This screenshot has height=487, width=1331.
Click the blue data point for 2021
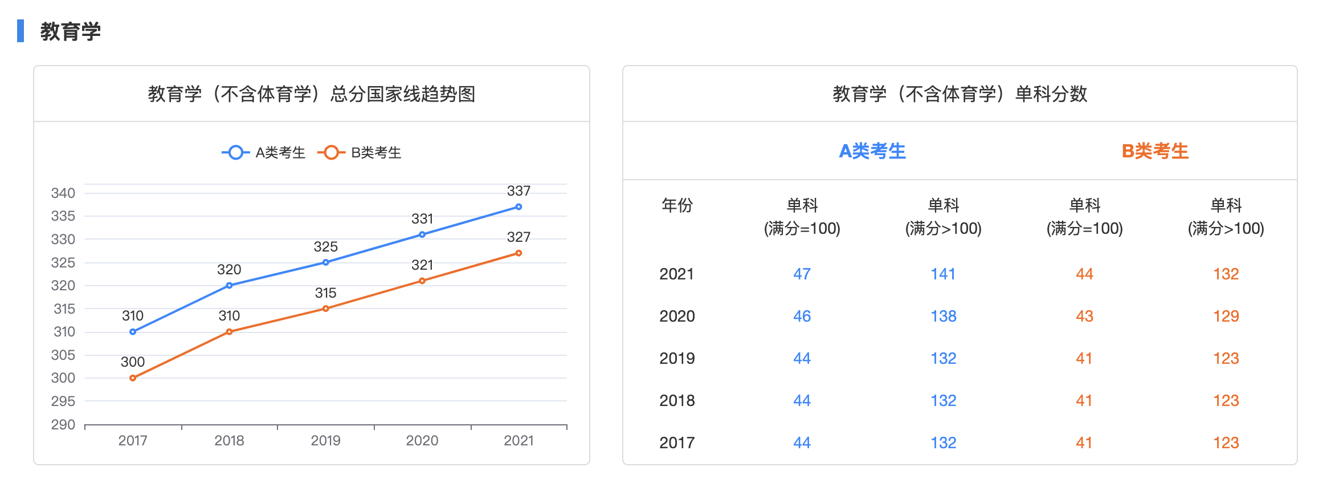(x=518, y=207)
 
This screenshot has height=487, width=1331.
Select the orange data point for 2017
(x=133, y=378)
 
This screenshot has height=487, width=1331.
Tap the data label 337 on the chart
(x=518, y=191)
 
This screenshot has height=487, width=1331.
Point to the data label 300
(x=133, y=362)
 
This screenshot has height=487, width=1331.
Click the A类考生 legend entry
(x=264, y=153)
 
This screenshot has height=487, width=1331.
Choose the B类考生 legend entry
(x=360, y=153)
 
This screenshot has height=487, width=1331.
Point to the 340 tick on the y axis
(x=63, y=193)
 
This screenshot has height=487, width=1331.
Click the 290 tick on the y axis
(x=63, y=425)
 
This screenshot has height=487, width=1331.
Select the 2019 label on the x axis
(x=325, y=441)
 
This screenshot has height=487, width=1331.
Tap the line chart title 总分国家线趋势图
(x=312, y=94)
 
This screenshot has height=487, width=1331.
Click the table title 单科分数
(x=960, y=94)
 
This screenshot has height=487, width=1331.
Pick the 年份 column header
(x=677, y=205)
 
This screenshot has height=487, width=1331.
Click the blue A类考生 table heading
(x=872, y=152)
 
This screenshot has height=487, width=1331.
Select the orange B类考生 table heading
(x=1155, y=152)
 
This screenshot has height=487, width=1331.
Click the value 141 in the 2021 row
(x=943, y=274)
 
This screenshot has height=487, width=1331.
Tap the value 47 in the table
(x=802, y=274)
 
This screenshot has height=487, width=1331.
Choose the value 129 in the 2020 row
(x=1226, y=316)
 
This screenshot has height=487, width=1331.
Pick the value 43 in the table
(x=1084, y=316)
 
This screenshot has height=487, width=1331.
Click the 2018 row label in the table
(x=677, y=401)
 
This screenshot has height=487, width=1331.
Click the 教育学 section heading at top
(x=71, y=31)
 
